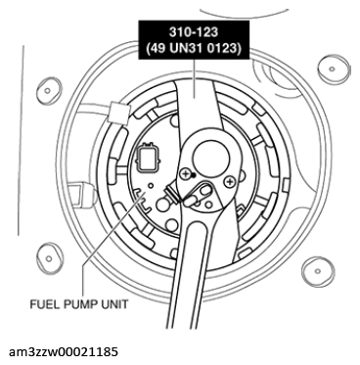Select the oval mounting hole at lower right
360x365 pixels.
click(328, 256)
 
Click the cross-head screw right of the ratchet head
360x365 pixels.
click(229, 180)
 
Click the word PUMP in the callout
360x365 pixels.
click(87, 303)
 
